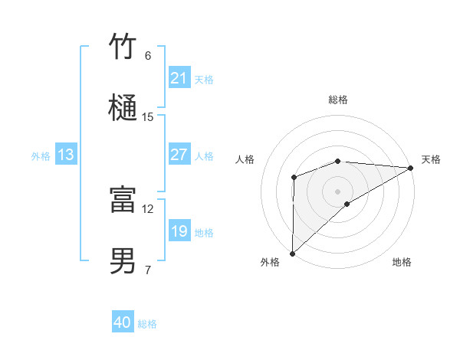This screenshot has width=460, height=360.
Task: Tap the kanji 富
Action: (x=123, y=200)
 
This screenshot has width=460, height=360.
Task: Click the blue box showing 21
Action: (x=179, y=78)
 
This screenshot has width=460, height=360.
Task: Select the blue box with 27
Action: (x=179, y=155)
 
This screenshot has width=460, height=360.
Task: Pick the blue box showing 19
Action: (x=179, y=231)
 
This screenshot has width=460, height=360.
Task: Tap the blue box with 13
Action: (x=66, y=155)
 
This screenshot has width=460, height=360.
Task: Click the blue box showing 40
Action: (x=123, y=323)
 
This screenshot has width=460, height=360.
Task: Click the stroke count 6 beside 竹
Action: (x=148, y=56)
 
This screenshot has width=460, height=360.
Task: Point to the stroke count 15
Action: (x=148, y=117)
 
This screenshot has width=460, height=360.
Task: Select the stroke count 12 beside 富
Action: (x=148, y=208)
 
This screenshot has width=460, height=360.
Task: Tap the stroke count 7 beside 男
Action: (x=148, y=270)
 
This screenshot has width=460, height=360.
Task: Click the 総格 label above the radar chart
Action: (x=338, y=100)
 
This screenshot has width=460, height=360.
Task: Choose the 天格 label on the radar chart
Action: (x=431, y=159)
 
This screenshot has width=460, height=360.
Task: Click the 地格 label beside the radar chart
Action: (x=402, y=263)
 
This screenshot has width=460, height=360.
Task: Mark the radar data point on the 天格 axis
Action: (x=411, y=168)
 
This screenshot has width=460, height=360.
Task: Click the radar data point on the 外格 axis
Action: (x=292, y=253)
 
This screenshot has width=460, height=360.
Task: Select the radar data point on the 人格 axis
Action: (x=294, y=178)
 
